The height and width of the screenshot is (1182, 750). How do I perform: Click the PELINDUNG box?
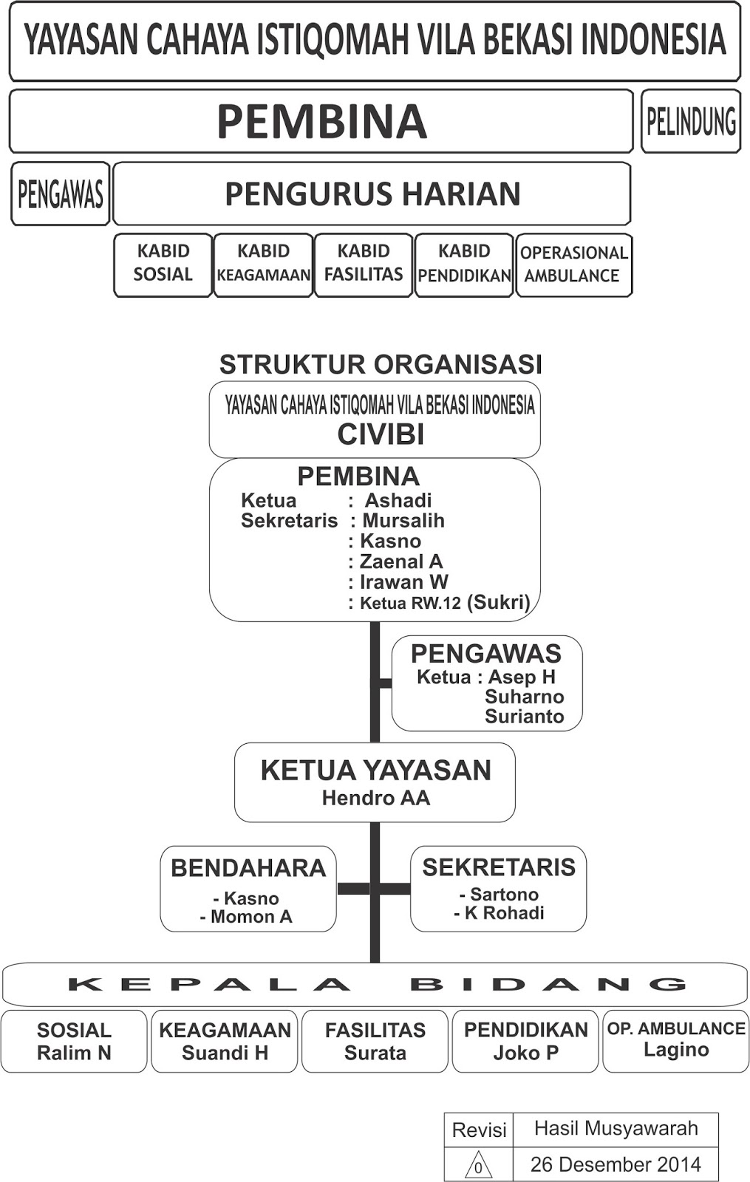point(691,122)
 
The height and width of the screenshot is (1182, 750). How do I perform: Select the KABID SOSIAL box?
point(163,264)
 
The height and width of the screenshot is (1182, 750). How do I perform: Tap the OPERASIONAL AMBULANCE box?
point(573,264)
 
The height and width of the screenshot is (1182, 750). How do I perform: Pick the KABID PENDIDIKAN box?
point(464,264)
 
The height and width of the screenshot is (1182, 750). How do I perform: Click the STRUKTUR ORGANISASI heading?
point(381,364)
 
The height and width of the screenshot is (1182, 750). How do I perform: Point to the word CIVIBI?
point(381,434)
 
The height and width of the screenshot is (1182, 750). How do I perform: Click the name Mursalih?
point(403,520)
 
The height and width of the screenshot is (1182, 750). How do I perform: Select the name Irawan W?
point(403,582)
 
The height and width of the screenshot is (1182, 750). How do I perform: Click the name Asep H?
point(522,677)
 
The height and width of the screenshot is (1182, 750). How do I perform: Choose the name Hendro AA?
point(375,798)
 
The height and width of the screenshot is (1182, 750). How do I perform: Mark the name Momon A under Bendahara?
point(251,917)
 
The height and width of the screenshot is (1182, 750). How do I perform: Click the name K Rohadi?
point(504,913)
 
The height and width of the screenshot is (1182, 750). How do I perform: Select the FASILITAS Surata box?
point(375,1041)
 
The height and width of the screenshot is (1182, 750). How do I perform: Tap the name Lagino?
point(675,1050)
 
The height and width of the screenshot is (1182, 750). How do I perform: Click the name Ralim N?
point(74,1053)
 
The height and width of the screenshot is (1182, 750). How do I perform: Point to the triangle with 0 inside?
point(478,1165)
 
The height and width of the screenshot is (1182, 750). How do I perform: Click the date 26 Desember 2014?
point(616,1164)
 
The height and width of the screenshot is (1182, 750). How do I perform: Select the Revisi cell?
point(479,1130)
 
